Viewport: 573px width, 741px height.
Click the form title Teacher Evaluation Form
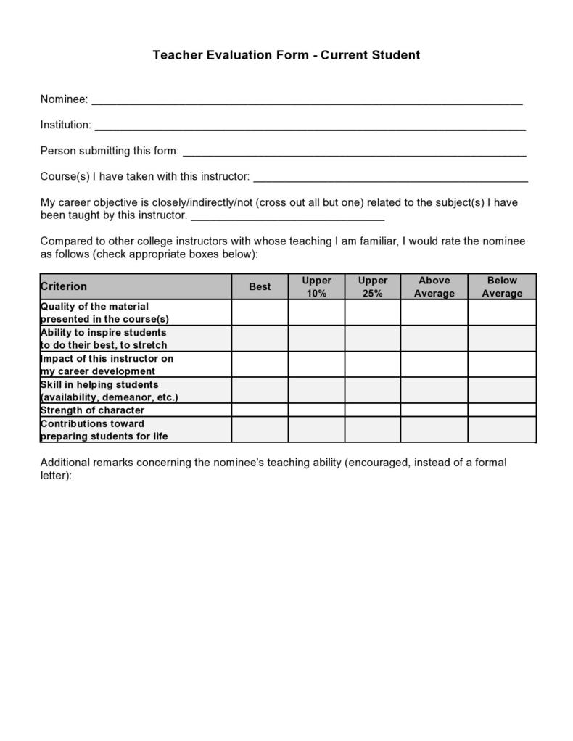tap(286, 55)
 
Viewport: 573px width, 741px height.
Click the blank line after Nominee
tap(306, 100)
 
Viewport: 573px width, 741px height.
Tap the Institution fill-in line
tap(310, 126)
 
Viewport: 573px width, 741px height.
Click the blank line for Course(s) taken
tap(390, 178)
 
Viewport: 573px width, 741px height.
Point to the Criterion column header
tap(64, 286)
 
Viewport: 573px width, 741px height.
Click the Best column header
tap(260, 286)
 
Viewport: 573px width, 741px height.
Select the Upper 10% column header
tap(316, 286)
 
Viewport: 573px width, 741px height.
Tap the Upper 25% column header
tap(373, 286)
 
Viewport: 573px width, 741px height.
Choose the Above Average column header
tap(434, 286)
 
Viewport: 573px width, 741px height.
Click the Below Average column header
tap(502, 286)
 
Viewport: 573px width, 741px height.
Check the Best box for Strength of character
tap(260, 410)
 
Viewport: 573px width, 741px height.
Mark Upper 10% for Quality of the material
tap(316, 312)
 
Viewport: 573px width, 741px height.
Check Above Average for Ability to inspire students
tap(434, 339)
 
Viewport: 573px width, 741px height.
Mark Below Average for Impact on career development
tap(502, 365)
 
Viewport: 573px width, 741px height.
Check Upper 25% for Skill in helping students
tap(373, 391)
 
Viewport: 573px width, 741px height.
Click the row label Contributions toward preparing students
tap(104, 430)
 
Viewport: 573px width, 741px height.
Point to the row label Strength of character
tap(92, 410)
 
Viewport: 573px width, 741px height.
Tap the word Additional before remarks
tap(63, 463)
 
